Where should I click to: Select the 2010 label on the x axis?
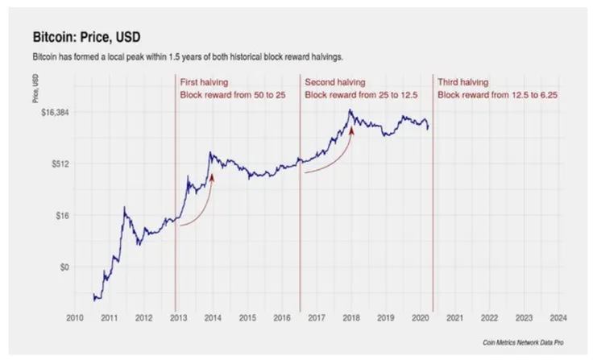tap(74, 317)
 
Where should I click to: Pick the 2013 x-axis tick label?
tap(176, 317)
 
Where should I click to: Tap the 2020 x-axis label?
tap(420, 317)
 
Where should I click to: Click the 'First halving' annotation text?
tap(205, 82)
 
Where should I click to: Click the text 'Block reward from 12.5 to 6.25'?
tap(497, 95)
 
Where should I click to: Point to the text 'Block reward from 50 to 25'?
tap(230, 95)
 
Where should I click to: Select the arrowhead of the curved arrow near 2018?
tap(351, 129)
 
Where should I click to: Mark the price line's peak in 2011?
tap(124, 208)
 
